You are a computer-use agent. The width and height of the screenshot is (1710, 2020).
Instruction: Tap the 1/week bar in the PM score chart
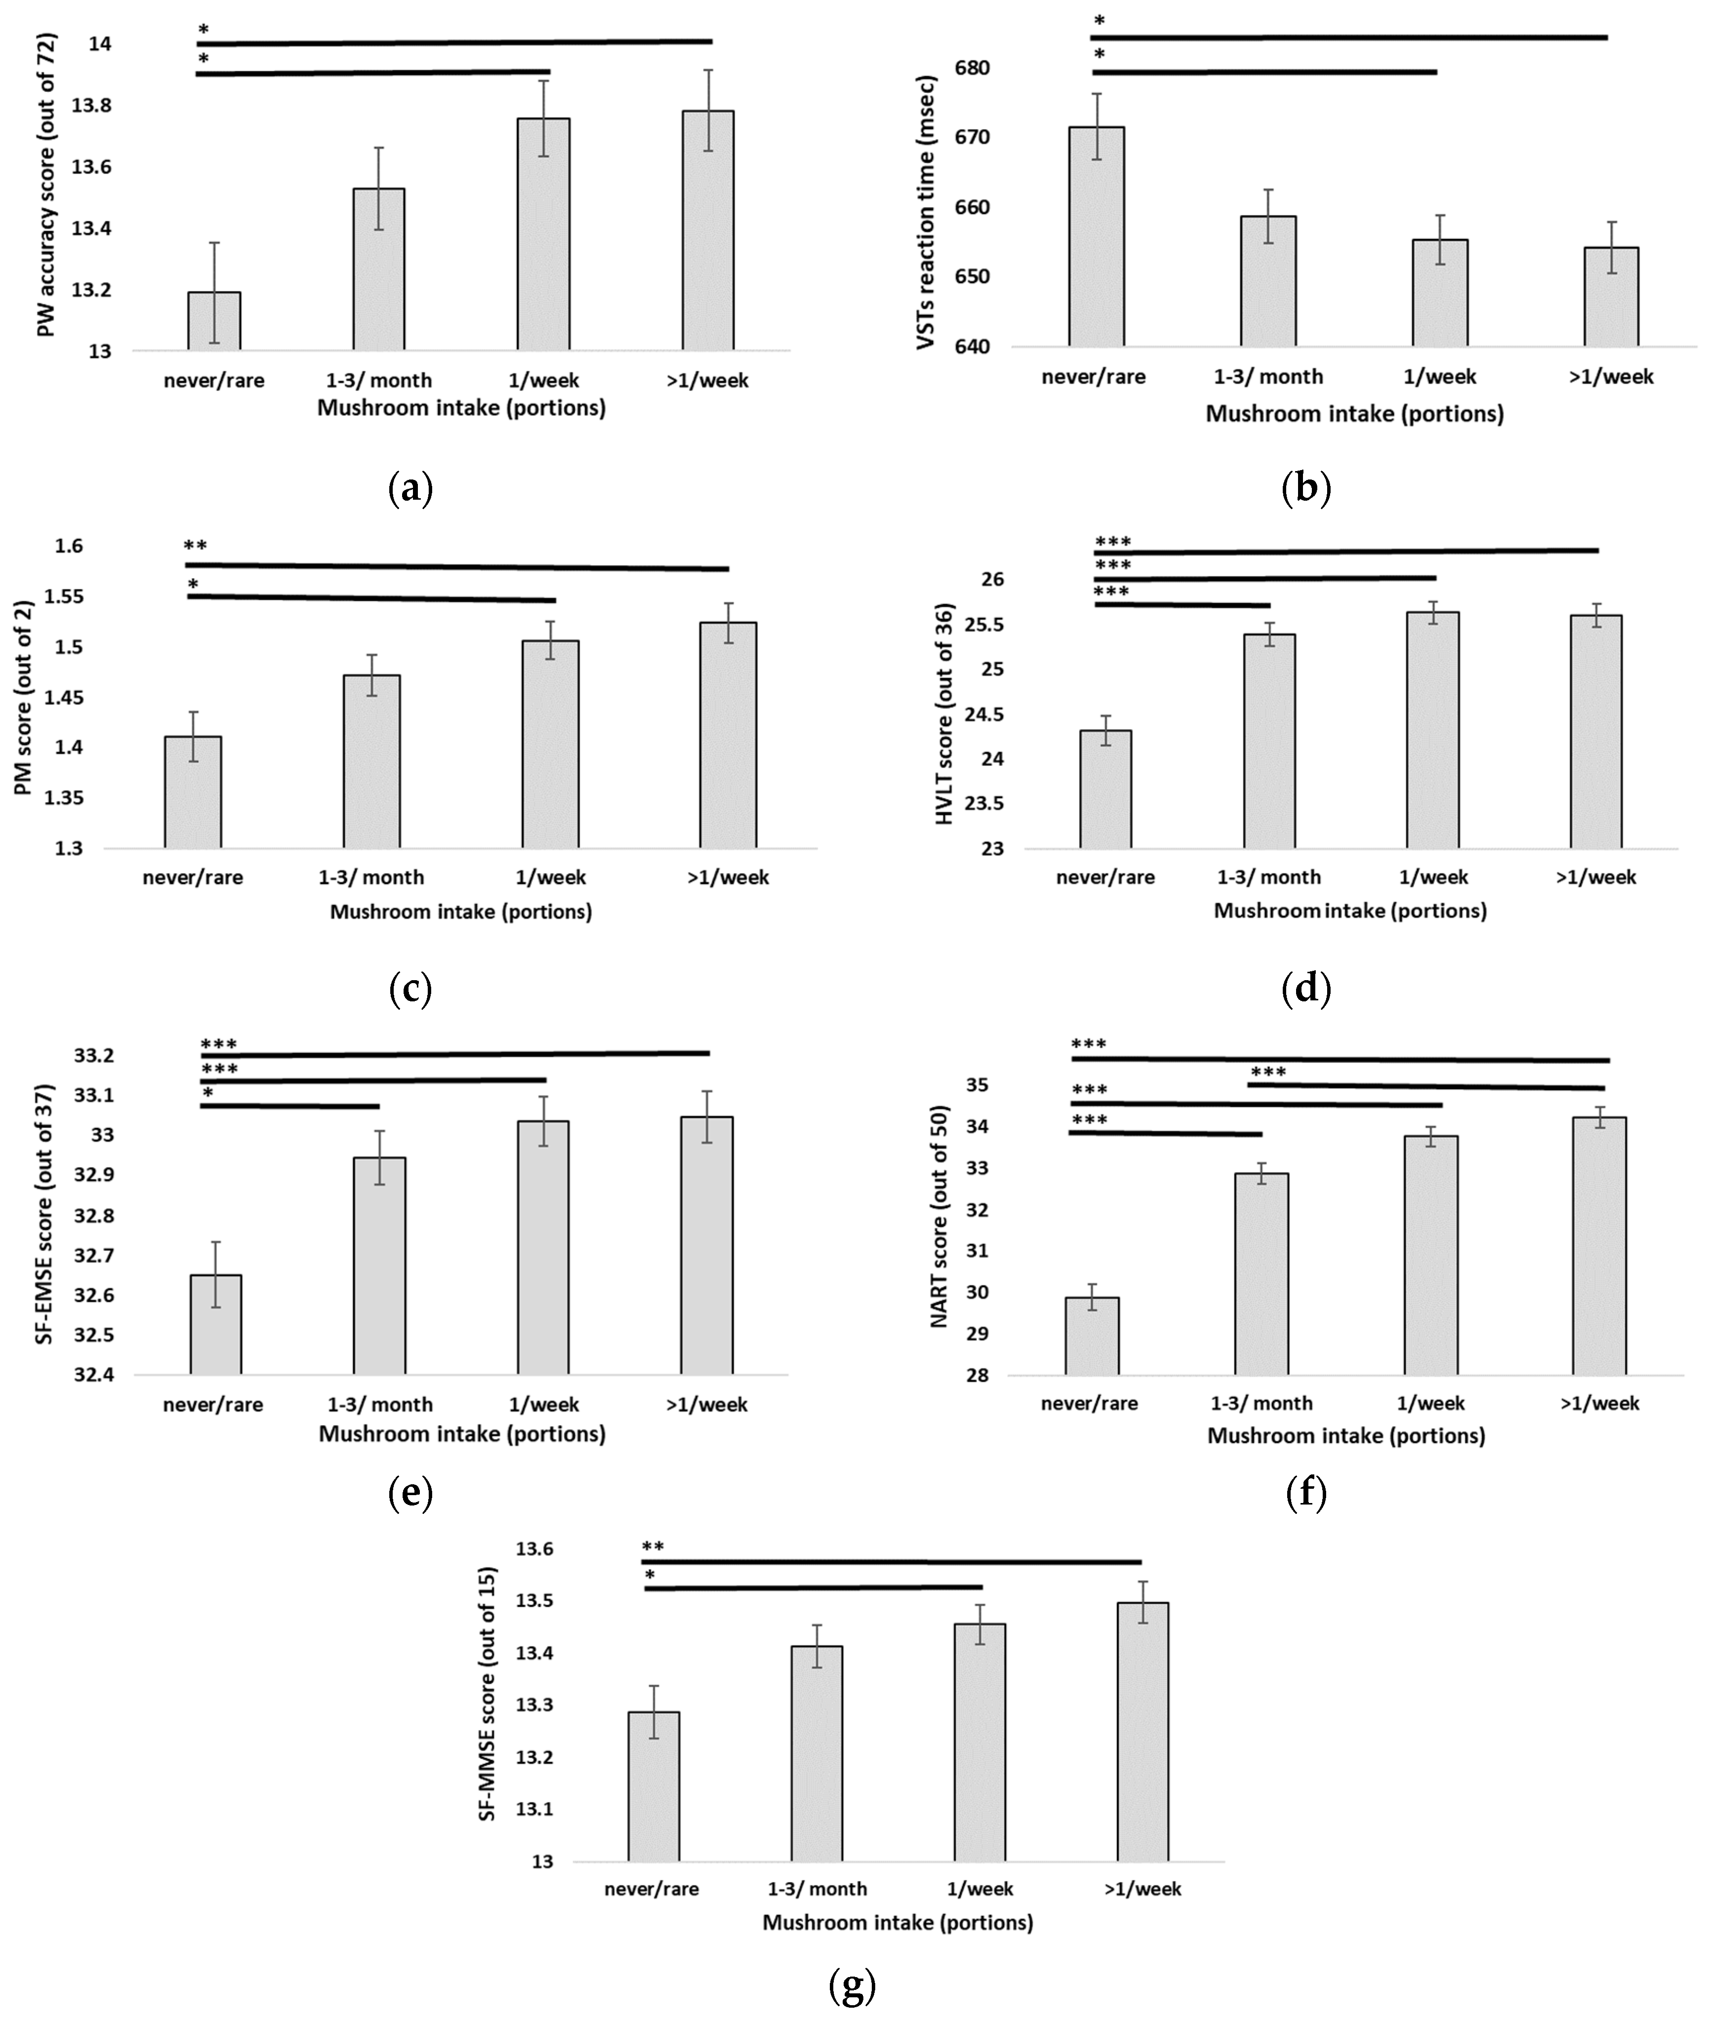point(551,744)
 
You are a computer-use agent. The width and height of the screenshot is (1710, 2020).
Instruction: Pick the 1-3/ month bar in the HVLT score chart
point(1269,741)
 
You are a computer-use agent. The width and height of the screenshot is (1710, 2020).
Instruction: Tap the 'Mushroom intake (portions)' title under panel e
point(461,1433)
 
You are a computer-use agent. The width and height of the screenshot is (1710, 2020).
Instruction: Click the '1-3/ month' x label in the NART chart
point(1261,1402)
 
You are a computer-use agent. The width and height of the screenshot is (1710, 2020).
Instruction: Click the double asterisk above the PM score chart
point(196,546)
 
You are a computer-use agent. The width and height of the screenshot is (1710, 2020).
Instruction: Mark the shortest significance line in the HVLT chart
point(1182,605)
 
